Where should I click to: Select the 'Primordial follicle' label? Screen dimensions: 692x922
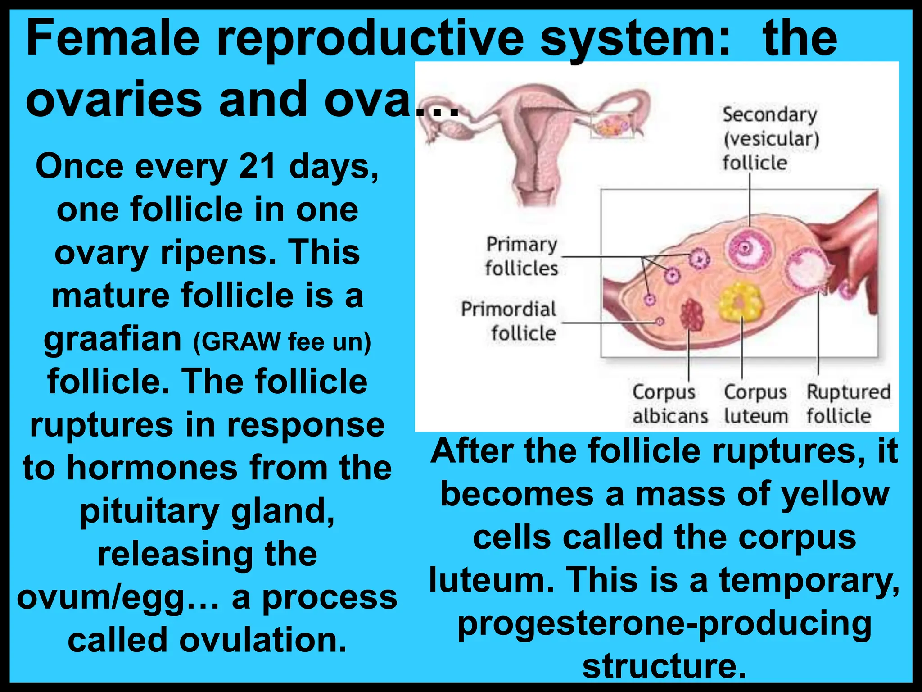(509, 321)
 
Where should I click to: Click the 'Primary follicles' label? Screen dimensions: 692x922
(521, 256)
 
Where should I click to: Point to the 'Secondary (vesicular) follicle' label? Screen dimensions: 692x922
(770, 138)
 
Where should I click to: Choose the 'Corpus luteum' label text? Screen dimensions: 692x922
(755, 404)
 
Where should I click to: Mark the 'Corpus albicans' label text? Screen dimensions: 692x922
(669, 404)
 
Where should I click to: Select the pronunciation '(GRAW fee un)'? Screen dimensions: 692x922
(282, 341)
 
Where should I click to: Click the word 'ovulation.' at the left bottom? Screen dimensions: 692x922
(263, 640)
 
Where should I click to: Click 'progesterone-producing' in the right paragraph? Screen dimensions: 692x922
(664, 624)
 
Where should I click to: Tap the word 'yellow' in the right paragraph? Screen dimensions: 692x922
(835, 494)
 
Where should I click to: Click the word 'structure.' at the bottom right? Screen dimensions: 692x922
(664, 666)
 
